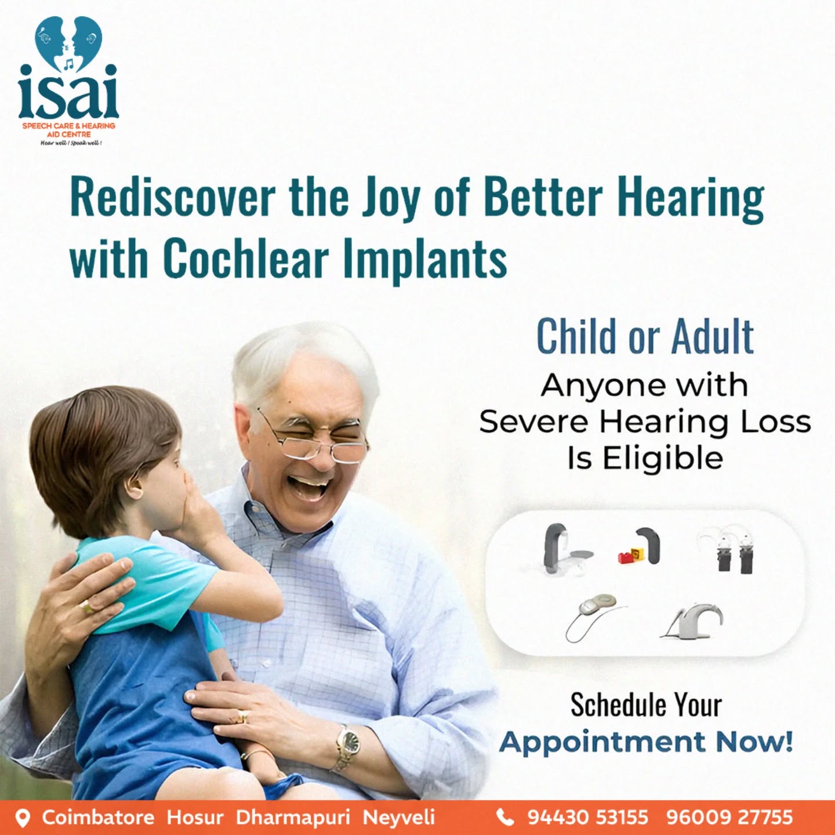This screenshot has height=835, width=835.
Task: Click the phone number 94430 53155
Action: tap(587, 816)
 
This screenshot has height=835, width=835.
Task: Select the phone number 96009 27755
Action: tap(729, 816)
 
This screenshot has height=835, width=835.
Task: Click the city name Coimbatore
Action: tap(98, 817)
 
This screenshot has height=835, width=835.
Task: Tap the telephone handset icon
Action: tap(504, 817)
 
